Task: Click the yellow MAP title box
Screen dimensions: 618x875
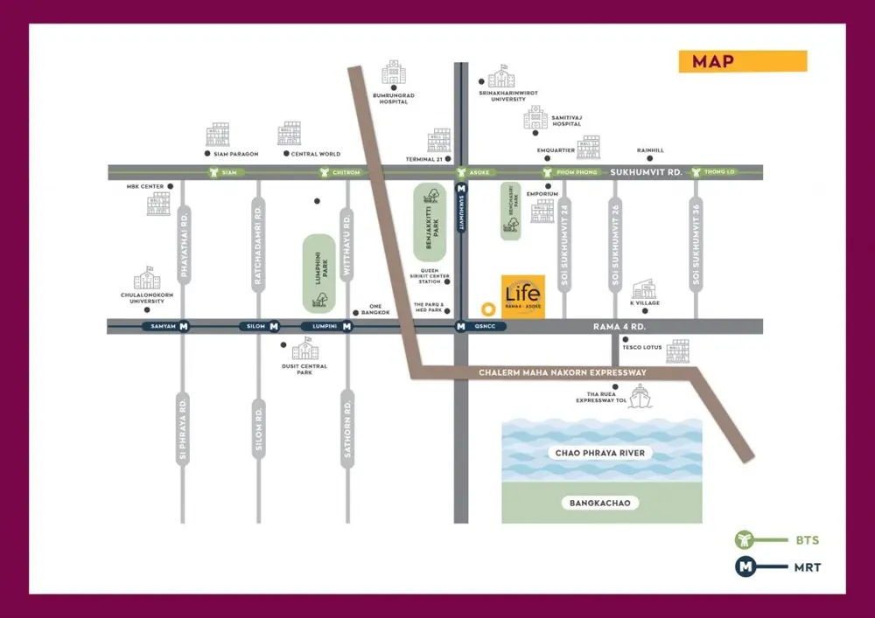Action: [742, 61]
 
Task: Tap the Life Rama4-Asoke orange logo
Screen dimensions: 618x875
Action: [522, 297]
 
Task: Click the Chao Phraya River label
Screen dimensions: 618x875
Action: [600, 453]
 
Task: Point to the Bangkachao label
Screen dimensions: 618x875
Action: [600, 503]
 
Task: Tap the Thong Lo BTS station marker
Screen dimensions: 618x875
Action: [697, 172]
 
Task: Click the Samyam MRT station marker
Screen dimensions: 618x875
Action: [184, 327]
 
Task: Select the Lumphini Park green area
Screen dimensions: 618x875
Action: [319, 274]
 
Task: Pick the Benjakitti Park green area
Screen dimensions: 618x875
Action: [430, 222]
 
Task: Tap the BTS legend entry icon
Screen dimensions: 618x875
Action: [746, 541]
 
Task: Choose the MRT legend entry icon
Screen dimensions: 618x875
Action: [746, 566]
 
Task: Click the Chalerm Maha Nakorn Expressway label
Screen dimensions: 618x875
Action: [563, 373]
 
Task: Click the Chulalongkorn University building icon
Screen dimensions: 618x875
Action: [147, 280]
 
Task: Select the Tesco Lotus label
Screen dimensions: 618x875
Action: [643, 347]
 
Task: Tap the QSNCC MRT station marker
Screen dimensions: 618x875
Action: [460, 327]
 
